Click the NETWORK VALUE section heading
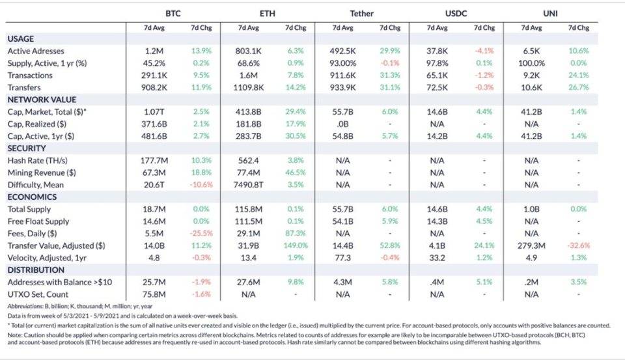click(x=42, y=100)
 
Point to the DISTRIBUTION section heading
click(x=36, y=270)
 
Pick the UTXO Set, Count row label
click(x=37, y=294)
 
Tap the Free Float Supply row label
click(x=39, y=221)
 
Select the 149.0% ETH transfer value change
click(x=295, y=246)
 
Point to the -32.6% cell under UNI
click(x=578, y=246)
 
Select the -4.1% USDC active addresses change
click(x=484, y=51)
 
